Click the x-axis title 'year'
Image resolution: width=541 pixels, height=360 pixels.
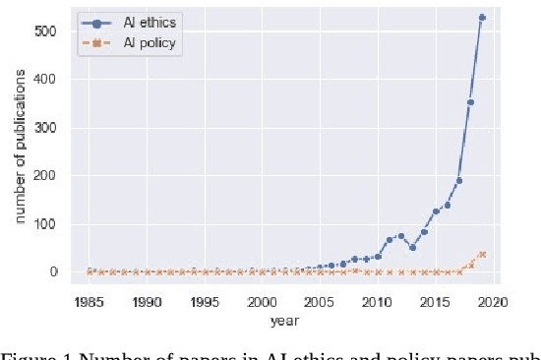pyautogui.click(x=286, y=320)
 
